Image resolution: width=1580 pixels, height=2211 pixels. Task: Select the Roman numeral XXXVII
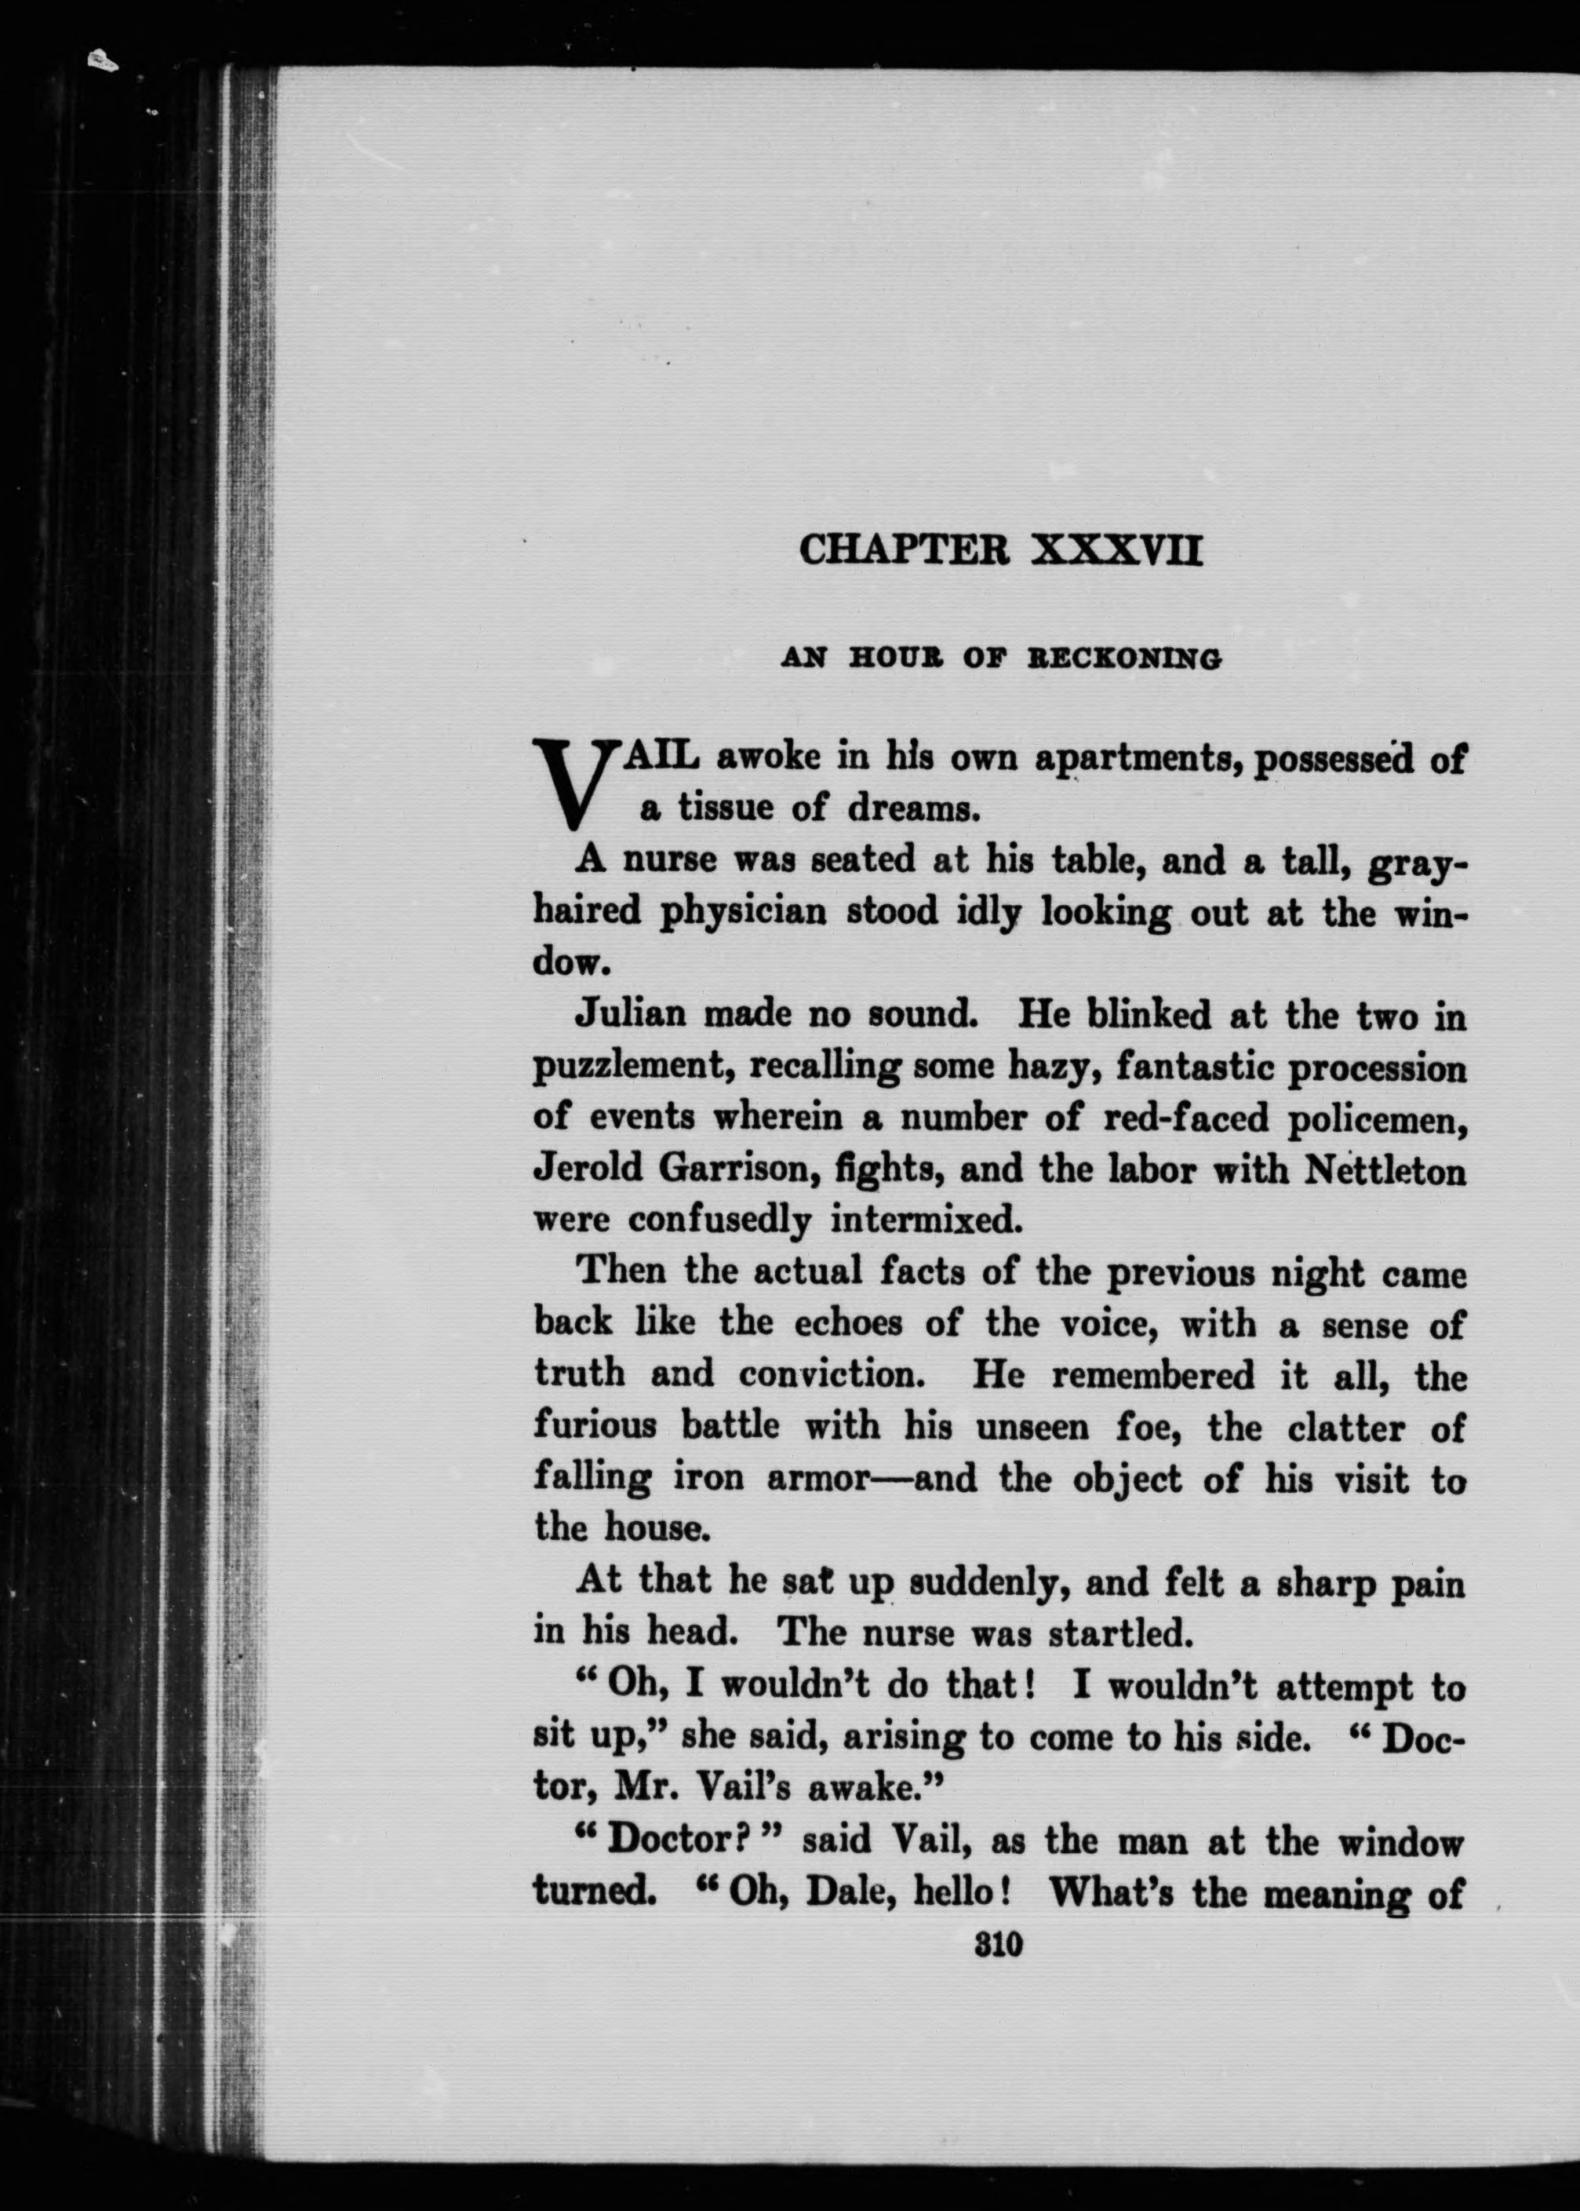point(1117,551)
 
